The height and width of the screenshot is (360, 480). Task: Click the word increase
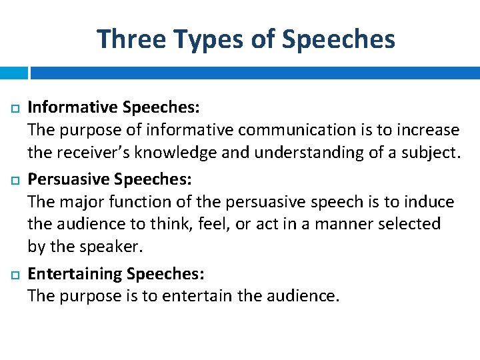click(428, 129)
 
